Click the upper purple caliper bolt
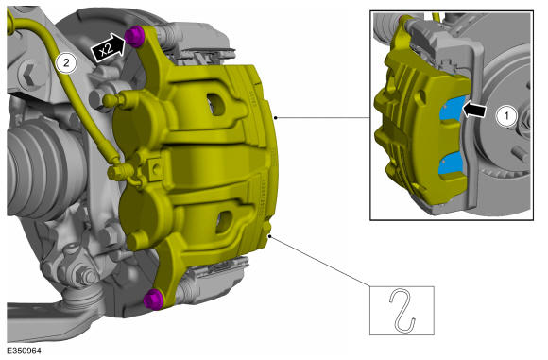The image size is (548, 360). pos(135,36)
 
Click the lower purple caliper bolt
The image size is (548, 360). pos(154,300)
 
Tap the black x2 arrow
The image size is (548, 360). pos(108,48)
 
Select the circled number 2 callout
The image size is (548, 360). pos(66,63)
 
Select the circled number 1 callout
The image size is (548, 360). pos(506,115)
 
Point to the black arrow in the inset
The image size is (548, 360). pos(474,110)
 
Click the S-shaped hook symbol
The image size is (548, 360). pos(402,310)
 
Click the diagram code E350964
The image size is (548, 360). pos(25,351)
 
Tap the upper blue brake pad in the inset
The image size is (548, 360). pos(453,110)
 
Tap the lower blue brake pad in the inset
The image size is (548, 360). pos(451,164)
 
